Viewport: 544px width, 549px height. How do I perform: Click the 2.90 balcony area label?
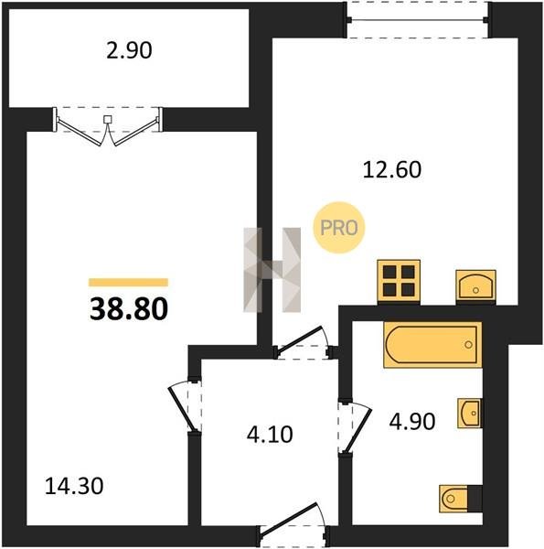[x=129, y=50]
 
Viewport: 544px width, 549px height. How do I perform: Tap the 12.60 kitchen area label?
[x=392, y=170]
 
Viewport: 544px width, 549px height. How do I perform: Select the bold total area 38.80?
[x=129, y=309]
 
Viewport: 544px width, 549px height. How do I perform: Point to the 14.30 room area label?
[x=74, y=487]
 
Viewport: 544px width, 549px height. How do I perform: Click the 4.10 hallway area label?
[x=270, y=435]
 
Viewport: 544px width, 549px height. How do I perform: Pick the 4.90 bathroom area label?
[x=412, y=421]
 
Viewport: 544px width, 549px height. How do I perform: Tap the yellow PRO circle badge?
[x=339, y=228]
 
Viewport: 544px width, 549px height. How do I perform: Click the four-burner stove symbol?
[x=399, y=282]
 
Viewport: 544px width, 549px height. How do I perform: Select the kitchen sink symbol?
[x=475, y=285]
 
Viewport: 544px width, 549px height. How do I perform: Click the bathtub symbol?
[x=432, y=345]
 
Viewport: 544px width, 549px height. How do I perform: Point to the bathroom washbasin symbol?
[x=469, y=414]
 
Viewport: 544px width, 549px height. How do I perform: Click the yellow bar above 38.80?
[x=128, y=282]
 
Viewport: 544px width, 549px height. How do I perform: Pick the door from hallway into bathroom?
[x=354, y=428]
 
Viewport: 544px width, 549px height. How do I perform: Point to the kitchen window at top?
[x=418, y=19]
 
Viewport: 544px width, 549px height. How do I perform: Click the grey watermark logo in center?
[x=272, y=270]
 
